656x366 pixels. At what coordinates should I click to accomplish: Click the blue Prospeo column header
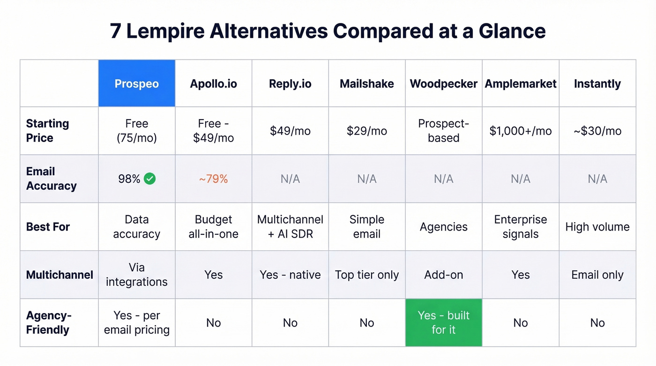tap(136, 84)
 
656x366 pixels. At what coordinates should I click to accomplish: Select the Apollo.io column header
tap(213, 84)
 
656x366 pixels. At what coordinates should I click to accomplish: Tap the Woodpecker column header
tap(443, 84)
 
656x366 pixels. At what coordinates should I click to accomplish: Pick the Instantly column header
tap(597, 84)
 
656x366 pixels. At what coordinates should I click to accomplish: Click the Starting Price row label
tap(47, 131)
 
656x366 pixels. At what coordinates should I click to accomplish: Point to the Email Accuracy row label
tap(51, 179)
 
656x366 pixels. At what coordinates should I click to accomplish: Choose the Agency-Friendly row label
tap(48, 322)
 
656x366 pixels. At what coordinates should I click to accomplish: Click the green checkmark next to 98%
tap(150, 179)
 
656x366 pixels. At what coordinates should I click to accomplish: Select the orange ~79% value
tap(213, 179)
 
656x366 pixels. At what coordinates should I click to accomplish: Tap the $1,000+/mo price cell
tap(520, 131)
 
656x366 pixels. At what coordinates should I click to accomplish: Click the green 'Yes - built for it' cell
tap(443, 322)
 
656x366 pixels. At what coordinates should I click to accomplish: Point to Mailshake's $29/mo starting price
tap(366, 131)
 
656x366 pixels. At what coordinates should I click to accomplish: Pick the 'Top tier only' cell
tap(366, 275)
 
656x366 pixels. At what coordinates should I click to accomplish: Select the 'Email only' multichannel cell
tap(597, 275)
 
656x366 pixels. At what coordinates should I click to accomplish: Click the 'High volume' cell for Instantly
tap(597, 227)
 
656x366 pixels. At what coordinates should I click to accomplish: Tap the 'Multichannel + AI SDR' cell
tap(290, 227)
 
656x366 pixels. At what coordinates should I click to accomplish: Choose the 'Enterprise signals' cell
tap(520, 227)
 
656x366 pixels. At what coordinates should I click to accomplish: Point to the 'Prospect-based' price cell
tap(443, 131)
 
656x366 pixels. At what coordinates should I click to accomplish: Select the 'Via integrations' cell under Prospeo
tap(136, 275)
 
